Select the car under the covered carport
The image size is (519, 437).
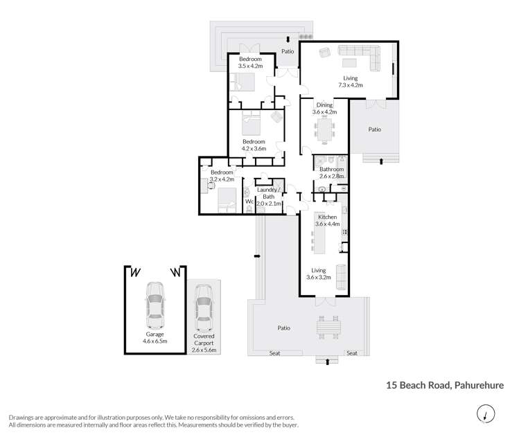pos(203,307)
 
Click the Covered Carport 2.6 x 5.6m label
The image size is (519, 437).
pos(204,343)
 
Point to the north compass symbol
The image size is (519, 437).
pos(486,414)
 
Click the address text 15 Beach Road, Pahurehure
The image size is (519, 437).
pos(444,385)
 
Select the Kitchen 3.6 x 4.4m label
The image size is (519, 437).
pos(326,221)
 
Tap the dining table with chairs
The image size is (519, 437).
pos(324,129)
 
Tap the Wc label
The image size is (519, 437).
pos(249,202)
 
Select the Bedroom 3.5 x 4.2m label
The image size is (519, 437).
pos(250,63)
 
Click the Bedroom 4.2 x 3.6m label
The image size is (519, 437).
pos(254,145)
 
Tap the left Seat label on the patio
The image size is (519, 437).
pos(275,353)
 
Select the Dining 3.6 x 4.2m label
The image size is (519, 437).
pos(324,109)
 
